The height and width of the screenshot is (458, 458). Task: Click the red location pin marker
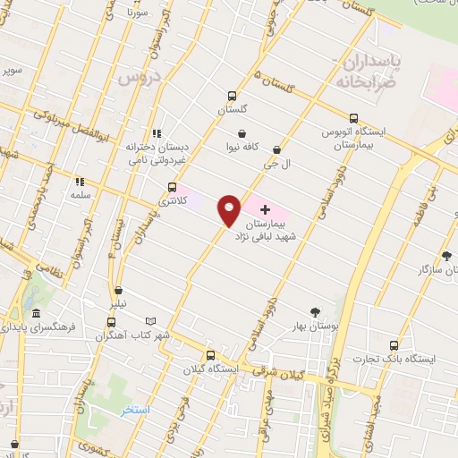click(230, 208)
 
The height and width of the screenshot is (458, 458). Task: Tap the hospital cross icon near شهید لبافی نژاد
click(265, 208)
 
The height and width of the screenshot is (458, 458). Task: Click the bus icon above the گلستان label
click(233, 96)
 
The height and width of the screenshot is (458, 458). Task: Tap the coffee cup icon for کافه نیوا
click(242, 133)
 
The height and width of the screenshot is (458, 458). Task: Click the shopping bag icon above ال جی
click(276, 150)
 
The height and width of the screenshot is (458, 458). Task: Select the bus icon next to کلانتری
click(172, 188)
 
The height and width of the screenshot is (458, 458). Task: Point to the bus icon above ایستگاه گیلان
click(210, 354)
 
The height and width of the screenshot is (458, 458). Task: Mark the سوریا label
click(136, 13)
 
